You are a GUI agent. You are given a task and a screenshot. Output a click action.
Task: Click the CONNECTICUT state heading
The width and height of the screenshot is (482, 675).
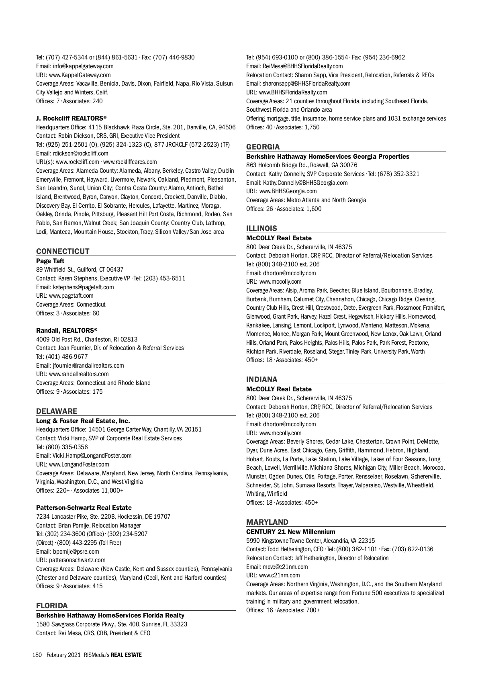click(x=63, y=252)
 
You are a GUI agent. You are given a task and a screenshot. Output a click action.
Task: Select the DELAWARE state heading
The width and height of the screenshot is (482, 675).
click(x=57, y=411)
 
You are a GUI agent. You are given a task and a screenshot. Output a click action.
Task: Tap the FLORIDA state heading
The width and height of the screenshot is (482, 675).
click(x=52, y=605)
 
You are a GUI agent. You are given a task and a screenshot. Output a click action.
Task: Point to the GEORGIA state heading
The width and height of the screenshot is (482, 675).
click(x=263, y=147)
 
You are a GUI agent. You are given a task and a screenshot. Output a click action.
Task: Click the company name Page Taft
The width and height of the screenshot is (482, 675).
click(x=50, y=261)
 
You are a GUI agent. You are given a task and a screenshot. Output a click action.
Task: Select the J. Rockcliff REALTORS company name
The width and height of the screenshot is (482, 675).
click(x=71, y=118)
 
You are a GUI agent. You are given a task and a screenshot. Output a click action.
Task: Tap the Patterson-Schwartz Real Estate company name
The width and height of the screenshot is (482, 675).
click(x=84, y=508)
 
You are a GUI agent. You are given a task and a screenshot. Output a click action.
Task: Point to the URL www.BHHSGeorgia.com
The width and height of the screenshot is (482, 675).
click(x=288, y=191)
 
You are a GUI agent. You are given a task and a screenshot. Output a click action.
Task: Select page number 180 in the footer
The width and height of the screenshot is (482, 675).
click(x=37, y=655)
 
